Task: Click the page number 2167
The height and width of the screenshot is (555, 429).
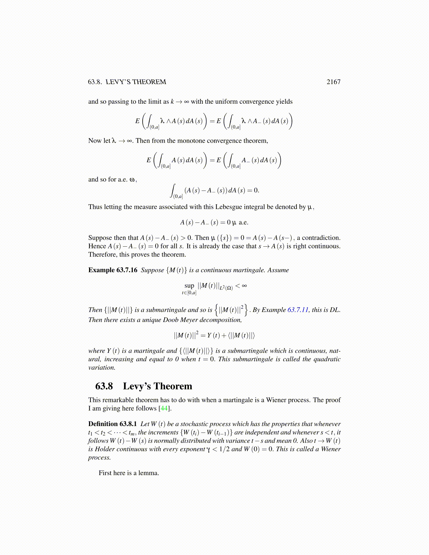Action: pyautogui.click(x=333, y=82)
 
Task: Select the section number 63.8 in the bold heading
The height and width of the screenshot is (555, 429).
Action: pyautogui.click(x=104, y=386)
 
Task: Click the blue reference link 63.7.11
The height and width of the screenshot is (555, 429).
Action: pyautogui.click(x=298, y=310)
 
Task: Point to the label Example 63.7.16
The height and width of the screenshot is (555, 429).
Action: pyautogui.click(x=113, y=270)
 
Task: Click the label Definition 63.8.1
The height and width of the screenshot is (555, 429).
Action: pyautogui.click(x=113, y=424)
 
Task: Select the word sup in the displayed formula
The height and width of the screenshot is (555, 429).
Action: pyautogui.click(x=189, y=286)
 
